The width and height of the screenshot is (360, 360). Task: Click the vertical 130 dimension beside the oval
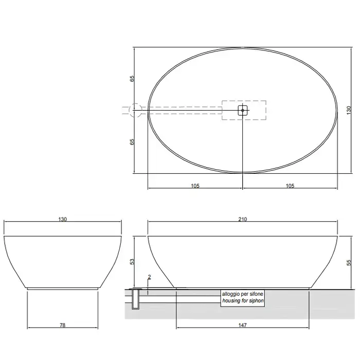click(349, 110)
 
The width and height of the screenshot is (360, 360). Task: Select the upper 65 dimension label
click(132, 79)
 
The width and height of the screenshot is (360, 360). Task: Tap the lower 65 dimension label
click(132, 142)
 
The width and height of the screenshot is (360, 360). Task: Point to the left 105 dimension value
click(195, 186)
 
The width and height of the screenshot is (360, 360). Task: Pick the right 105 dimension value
click(290, 186)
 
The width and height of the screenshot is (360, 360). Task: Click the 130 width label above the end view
click(62, 219)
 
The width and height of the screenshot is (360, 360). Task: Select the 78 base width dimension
click(62, 325)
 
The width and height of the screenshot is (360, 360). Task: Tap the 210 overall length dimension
click(242, 219)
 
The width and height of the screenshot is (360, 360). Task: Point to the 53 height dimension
click(132, 262)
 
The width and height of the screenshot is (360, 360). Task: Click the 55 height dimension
click(349, 262)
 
